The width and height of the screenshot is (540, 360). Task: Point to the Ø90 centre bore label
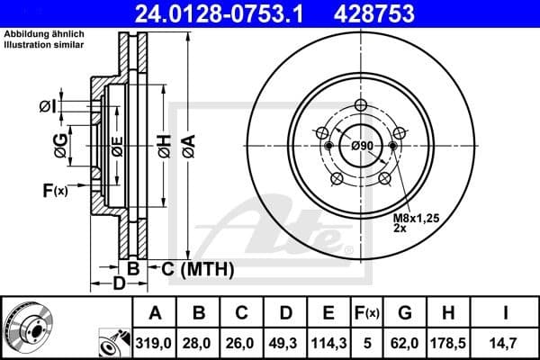(x=362, y=146)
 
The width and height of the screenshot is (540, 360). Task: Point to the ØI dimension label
(x=48, y=108)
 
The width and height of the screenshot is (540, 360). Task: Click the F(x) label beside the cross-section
(x=54, y=189)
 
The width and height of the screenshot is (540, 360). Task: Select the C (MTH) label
(x=197, y=268)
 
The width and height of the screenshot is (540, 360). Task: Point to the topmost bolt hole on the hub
(x=363, y=105)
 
